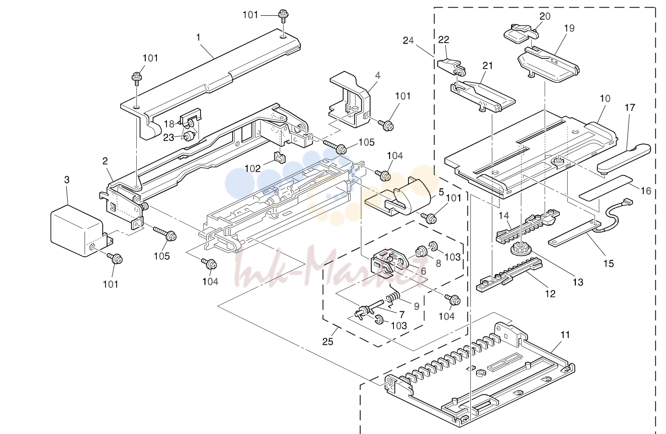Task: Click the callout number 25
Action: click(328, 341)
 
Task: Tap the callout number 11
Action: click(565, 335)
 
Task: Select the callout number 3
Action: click(67, 180)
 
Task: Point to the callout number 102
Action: click(252, 169)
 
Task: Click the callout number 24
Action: click(408, 40)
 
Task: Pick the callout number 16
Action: click(645, 191)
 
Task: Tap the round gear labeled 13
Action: click(519, 248)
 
